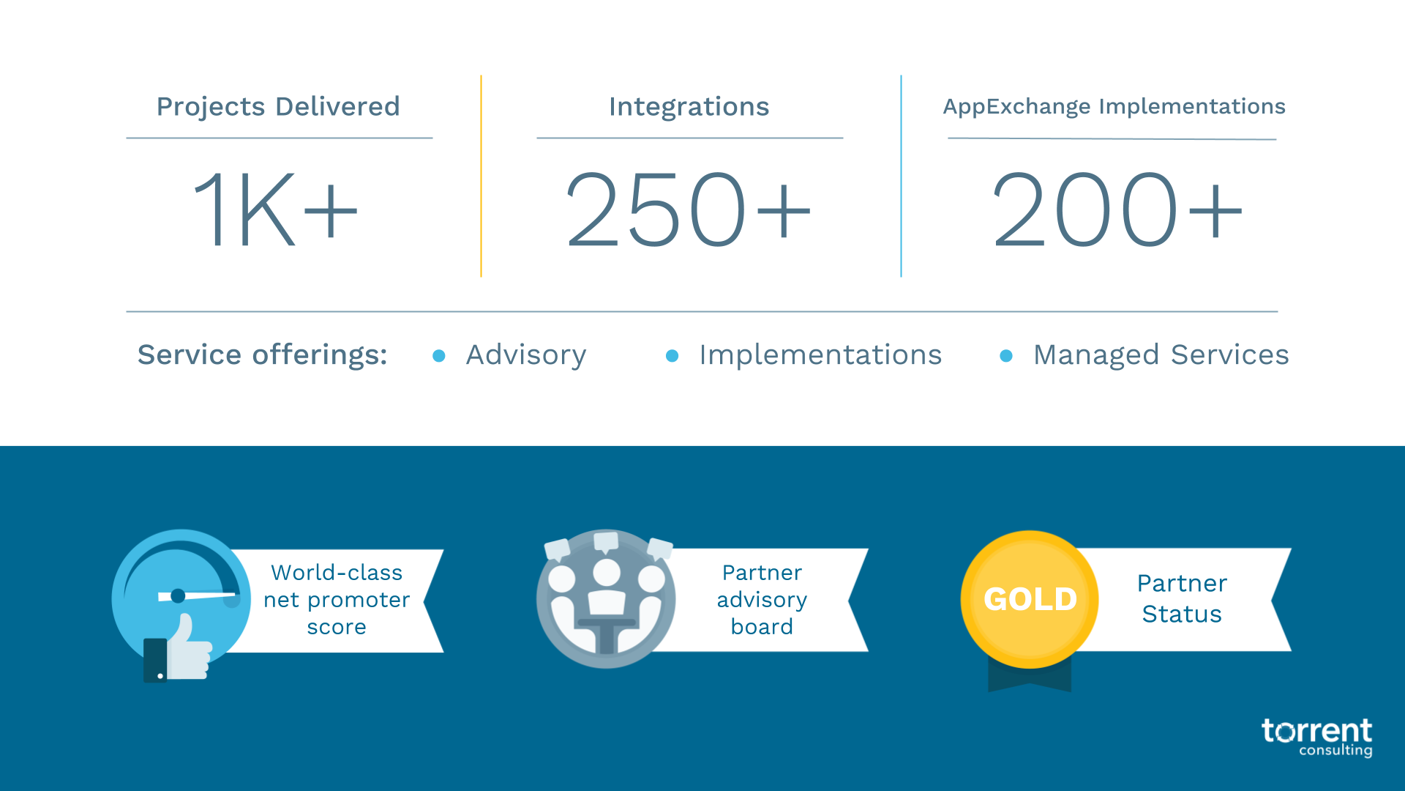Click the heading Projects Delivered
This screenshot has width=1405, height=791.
coord(278,107)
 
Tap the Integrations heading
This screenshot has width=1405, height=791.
coord(689,107)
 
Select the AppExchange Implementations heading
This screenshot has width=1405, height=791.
coord(1113,107)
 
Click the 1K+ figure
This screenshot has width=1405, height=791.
coord(275,209)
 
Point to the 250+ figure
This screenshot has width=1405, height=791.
coord(688,209)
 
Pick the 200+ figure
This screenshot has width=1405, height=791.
coord(1116,209)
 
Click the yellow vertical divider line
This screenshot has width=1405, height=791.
coord(481,176)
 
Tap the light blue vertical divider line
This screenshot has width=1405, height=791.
coord(901,176)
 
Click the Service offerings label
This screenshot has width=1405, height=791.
coord(262,355)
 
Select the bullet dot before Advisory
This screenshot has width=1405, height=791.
coord(439,356)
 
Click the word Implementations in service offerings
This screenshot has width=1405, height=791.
coord(820,355)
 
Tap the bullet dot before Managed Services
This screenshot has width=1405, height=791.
coord(1006,356)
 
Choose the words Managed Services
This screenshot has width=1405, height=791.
coord(1161,355)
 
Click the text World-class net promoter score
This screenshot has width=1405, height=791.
coord(337,600)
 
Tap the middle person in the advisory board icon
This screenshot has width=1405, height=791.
coord(607,586)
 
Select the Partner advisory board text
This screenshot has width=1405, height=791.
coord(762,600)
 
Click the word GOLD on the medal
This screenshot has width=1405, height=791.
coord(1030,599)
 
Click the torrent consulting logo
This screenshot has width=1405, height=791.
coord(1316,737)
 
